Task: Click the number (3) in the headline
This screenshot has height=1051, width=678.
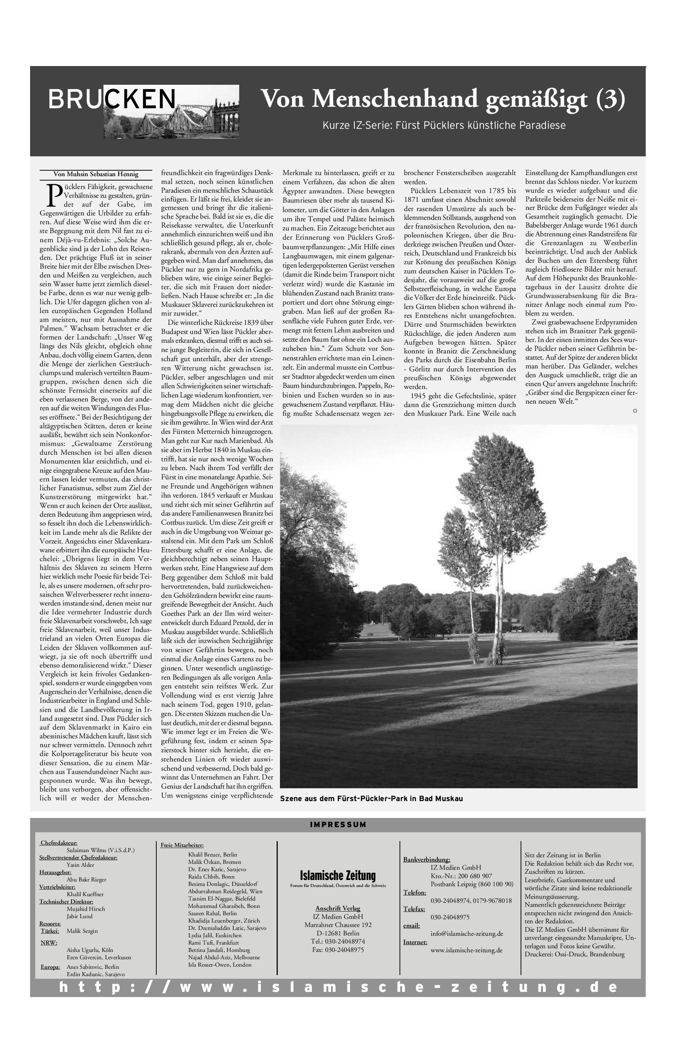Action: coord(610,99)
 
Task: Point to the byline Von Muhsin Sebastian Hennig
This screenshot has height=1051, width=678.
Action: coord(96,174)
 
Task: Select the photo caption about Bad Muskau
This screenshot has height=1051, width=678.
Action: coord(371,799)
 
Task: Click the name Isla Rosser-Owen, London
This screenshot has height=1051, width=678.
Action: coord(220,964)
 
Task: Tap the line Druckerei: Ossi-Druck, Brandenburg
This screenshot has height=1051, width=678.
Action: coord(574,954)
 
